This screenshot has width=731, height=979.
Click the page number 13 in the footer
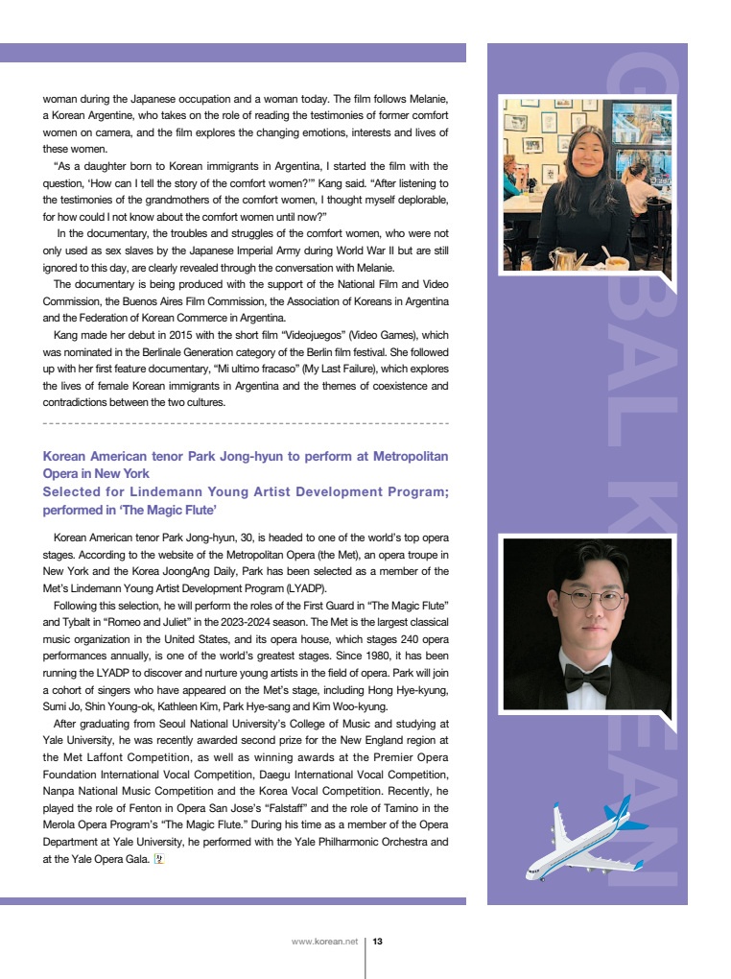(378, 942)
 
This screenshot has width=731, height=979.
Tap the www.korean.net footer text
(324, 942)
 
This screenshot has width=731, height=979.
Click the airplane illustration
(585, 837)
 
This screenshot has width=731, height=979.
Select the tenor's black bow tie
(586, 679)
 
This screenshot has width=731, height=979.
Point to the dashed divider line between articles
(246, 422)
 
